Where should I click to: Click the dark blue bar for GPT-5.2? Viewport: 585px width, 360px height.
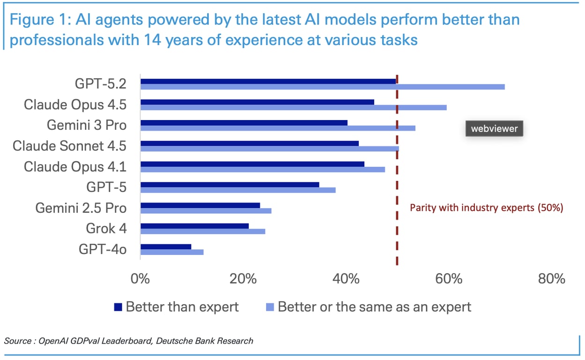click(x=268, y=81)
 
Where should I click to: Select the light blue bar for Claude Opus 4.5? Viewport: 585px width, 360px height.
click(x=293, y=107)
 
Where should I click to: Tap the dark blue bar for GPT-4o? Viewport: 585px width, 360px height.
click(x=166, y=247)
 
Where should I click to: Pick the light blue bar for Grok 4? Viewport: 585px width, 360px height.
click(x=202, y=231)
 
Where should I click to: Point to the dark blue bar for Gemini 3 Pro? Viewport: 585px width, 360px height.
click(x=244, y=122)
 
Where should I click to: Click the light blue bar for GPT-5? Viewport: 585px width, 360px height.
click(x=238, y=190)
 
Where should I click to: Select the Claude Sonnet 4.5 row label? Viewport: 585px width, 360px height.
click(x=69, y=146)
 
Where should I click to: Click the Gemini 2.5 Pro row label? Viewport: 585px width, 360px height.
click(x=81, y=208)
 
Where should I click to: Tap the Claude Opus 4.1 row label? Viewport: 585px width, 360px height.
click(x=75, y=166)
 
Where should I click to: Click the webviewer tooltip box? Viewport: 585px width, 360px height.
click(x=494, y=129)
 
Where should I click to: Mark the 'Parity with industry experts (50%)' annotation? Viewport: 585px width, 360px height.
click(x=486, y=208)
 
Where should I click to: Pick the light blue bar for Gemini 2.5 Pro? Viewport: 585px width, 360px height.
click(x=206, y=210)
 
